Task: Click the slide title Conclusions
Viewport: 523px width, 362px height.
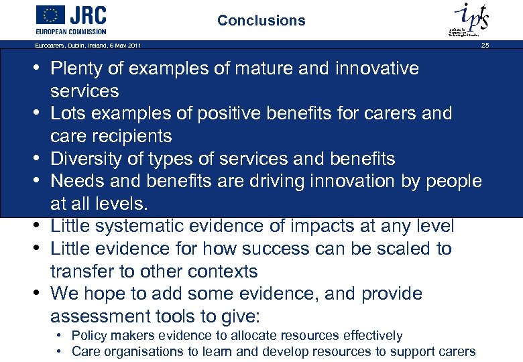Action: (x=261, y=21)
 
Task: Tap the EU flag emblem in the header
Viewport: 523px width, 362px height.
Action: (x=50, y=15)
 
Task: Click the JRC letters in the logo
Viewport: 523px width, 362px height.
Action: (x=89, y=15)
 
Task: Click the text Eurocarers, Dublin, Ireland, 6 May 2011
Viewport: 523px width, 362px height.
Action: (x=88, y=46)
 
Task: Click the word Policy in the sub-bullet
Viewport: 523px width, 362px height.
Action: (x=89, y=335)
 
